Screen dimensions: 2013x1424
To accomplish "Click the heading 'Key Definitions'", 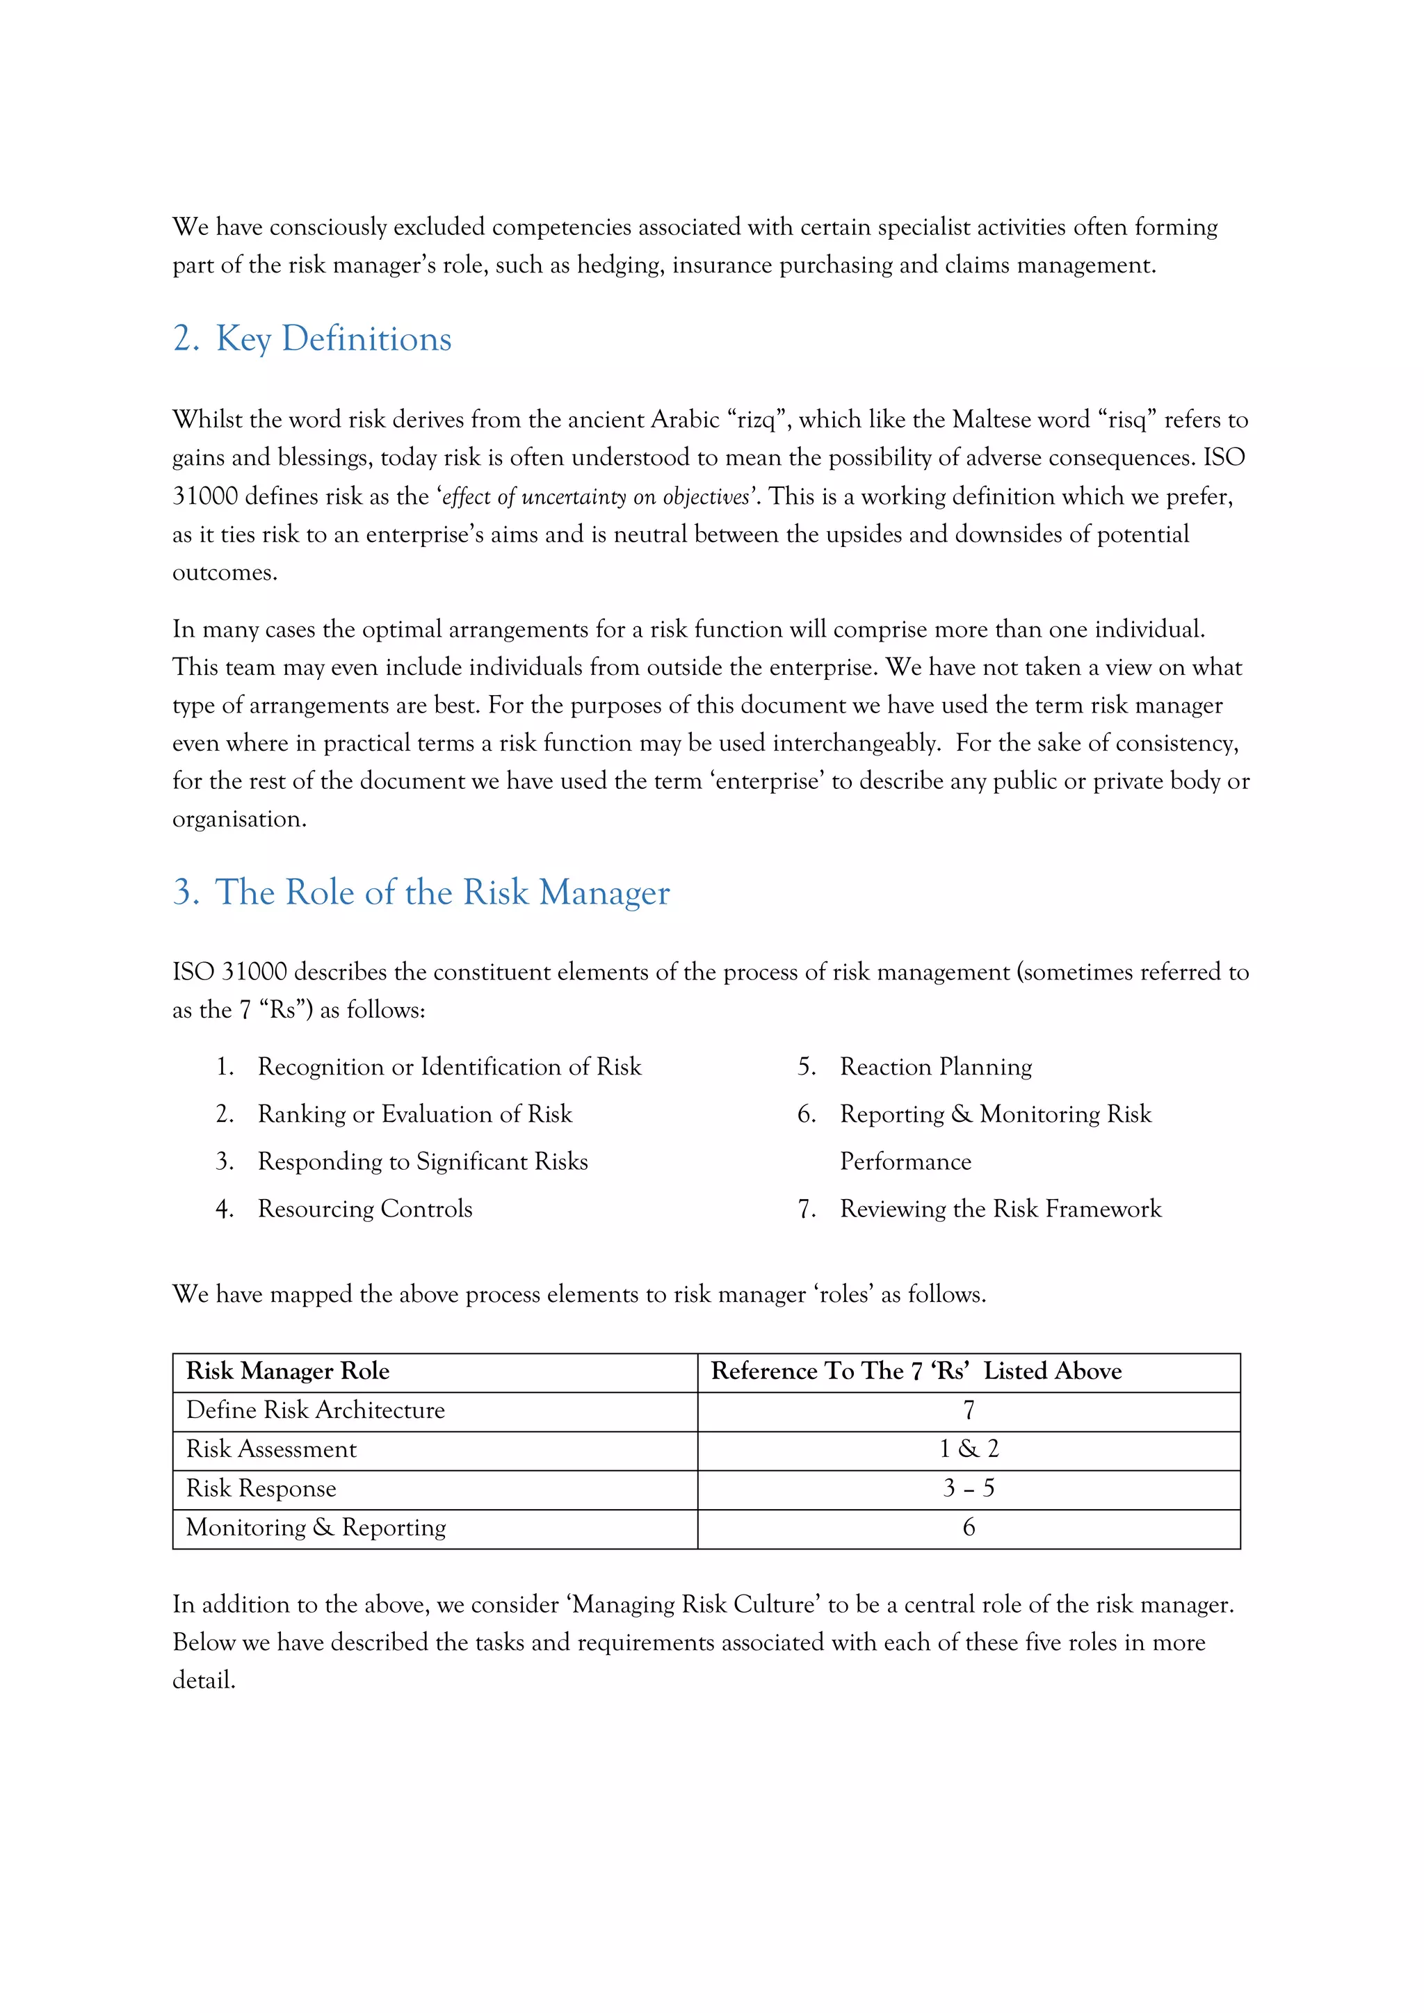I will (333, 339).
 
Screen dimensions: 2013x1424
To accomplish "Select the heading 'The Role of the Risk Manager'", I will (442, 893).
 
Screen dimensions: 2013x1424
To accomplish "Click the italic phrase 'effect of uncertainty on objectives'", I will (595, 497).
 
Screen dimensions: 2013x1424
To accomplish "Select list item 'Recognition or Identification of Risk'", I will (449, 1067).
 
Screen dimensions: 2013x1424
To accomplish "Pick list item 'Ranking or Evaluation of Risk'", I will (414, 1114).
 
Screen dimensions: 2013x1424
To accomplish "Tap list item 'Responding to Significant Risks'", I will (423, 1162).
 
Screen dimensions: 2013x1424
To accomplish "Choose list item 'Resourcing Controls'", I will (365, 1209).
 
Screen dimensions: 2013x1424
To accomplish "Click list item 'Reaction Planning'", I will (936, 1067).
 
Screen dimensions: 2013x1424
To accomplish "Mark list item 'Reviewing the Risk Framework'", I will (1000, 1209).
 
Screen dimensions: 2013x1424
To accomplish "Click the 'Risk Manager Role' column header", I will (288, 1371).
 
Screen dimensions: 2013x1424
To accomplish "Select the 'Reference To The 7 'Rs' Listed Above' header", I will (916, 1371).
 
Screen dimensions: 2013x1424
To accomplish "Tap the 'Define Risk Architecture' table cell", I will (316, 1410).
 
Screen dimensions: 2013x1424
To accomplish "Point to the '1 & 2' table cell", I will (968, 1449).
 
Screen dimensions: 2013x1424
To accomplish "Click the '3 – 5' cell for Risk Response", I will (968, 1489).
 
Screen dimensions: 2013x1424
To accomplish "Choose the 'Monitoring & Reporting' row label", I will (316, 1528).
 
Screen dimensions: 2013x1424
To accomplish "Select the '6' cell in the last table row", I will (968, 1528).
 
